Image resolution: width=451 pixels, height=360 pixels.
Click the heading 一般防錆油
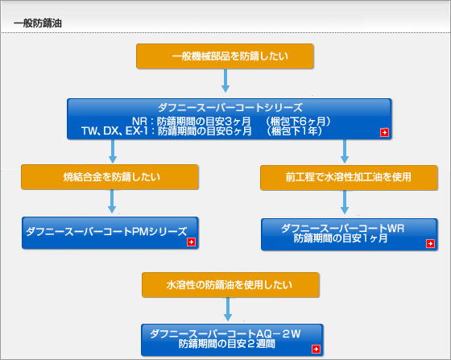38,23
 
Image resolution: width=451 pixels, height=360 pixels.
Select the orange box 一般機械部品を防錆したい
225,56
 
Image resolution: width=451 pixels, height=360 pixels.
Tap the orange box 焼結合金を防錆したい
110,177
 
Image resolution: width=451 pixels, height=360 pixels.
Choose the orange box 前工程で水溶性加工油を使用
349,178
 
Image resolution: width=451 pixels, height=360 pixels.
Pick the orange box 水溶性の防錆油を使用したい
230,285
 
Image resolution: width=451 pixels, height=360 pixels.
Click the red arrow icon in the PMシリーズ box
192,242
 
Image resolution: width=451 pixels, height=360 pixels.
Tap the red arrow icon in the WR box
430,243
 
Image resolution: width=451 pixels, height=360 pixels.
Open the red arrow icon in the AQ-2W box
316,349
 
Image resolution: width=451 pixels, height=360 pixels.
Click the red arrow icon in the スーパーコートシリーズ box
385,132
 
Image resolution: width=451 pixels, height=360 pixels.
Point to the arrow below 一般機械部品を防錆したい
225,81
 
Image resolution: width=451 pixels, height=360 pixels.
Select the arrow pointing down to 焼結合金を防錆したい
113,151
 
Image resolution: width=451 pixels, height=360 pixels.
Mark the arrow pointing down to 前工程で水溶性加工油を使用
345,151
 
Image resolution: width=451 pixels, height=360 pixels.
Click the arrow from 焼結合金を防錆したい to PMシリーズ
112,201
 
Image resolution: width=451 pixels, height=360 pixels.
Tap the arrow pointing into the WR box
345,202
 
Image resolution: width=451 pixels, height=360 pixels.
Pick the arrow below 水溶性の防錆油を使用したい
228,309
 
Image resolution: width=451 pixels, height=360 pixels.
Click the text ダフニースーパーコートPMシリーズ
106,231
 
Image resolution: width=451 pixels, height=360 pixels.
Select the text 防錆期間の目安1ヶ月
341,238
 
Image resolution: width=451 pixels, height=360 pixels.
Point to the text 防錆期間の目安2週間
227,344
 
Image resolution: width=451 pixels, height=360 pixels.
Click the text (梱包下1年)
294,131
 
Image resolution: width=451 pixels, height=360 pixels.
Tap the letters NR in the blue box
140,121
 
